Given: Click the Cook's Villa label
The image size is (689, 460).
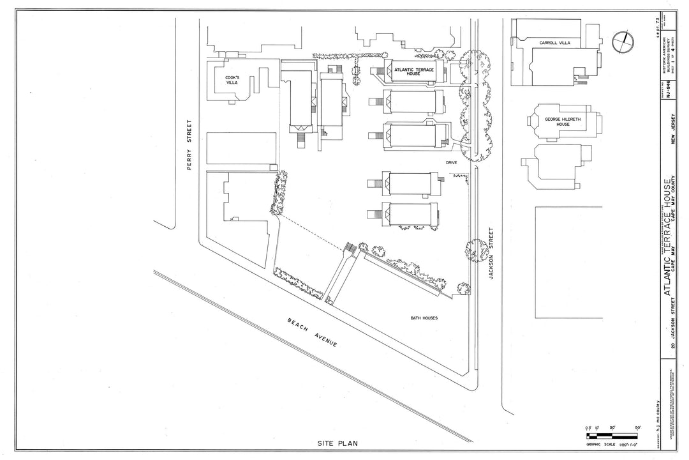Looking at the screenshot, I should click(232, 80).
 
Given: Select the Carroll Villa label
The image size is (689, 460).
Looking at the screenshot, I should click(555, 43).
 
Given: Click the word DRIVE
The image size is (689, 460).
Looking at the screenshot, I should click(452, 163).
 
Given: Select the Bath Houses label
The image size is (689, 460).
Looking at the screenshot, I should click(424, 318).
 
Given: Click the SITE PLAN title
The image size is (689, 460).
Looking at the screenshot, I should click(339, 443).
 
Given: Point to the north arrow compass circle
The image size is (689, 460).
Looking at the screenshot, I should click(623, 43).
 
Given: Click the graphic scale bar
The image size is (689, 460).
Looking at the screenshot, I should click(612, 434).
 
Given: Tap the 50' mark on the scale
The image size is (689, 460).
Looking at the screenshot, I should click(637, 427).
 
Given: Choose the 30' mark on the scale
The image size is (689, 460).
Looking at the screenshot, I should click(612, 427).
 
